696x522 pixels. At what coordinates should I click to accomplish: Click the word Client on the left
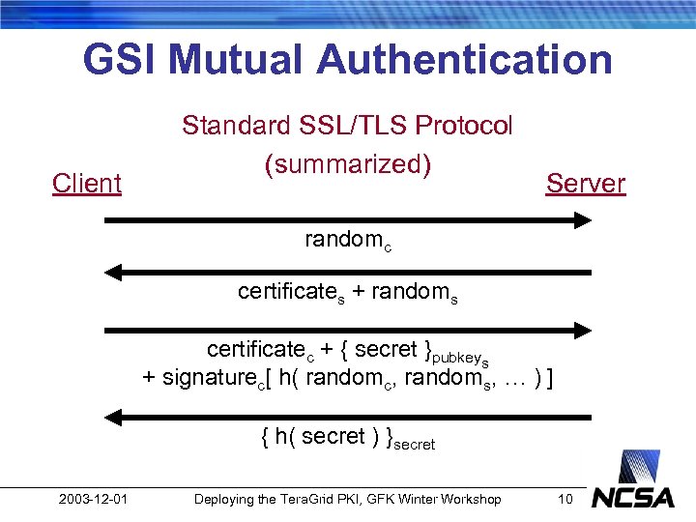[87, 183]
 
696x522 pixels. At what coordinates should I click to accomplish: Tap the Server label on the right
[586, 183]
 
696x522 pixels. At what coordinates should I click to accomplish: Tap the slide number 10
[565, 499]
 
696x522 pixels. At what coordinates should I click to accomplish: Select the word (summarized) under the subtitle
[347, 164]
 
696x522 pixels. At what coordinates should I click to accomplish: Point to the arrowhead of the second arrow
[112, 273]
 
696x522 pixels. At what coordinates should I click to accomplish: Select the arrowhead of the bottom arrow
[112, 418]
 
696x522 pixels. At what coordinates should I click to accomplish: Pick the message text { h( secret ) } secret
[348, 438]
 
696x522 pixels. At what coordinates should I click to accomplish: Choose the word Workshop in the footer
[470, 499]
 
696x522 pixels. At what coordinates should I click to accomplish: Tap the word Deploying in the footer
[223, 499]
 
